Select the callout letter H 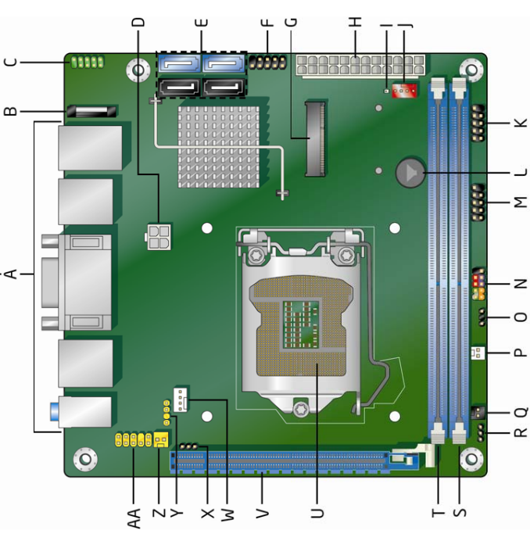356,22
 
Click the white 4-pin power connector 158,235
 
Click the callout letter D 138,22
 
